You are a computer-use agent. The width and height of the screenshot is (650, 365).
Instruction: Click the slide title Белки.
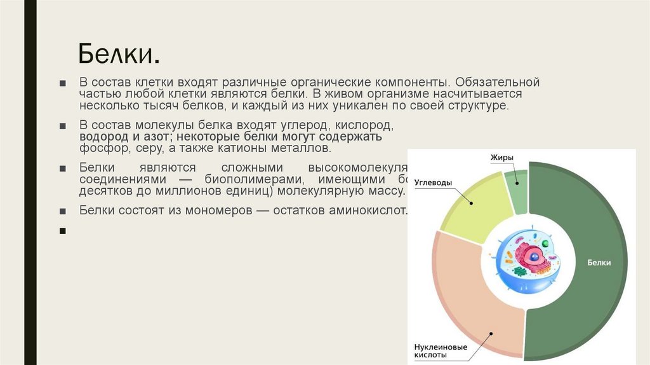[118, 55]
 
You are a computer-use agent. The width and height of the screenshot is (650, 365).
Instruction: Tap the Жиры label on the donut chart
[501, 157]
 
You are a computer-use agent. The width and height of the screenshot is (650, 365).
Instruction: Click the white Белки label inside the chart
[599, 262]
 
